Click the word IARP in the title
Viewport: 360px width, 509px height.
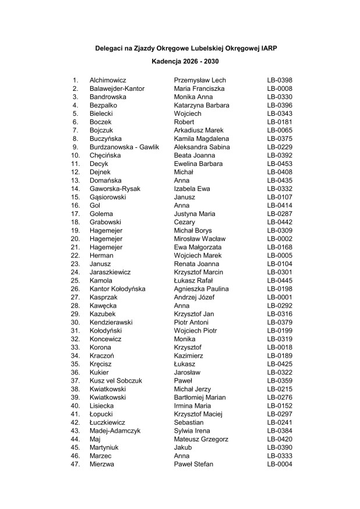(x=269, y=50)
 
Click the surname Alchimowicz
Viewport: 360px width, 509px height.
(x=108, y=80)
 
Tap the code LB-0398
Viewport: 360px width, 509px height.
(x=280, y=80)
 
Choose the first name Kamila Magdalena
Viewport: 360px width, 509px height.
(x=202, y=139)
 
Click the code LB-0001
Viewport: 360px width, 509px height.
(x=280, y=297)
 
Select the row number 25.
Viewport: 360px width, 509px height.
(x=75, y=281)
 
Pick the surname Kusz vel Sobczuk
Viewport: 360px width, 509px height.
(x=116, y=381)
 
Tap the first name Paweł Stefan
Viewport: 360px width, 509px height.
(x=194, y=464)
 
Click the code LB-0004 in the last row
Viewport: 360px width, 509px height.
(x=280, y=464)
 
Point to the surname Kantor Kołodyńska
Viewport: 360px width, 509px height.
(x=118, y=289)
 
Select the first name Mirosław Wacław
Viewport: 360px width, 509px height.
(x=200, y=239)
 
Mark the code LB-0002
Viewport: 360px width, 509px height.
(x=280, y=239)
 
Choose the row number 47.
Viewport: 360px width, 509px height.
(x=75, y=464)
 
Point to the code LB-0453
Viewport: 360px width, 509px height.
(x=280, y=164)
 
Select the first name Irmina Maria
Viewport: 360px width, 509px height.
(x=195, y=406)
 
